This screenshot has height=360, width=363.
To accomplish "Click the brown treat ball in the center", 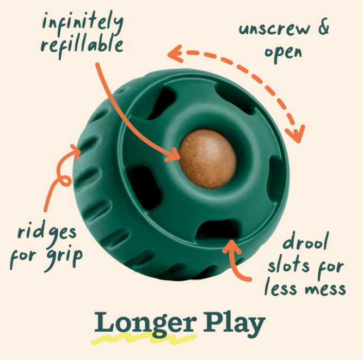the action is pyautogui.click(x=208, y=159).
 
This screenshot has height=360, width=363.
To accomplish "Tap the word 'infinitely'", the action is pyautogui.click(x=82, y=22).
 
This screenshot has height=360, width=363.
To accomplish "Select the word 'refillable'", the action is pyautogui.click(x=82, y=45).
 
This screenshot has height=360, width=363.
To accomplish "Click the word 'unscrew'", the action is pyautogui.click(x=274, y=29).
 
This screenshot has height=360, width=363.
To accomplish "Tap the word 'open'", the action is pyautogui.click(x=284, y=53).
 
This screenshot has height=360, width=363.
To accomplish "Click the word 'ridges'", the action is pyautogui.click(x=47, y=232).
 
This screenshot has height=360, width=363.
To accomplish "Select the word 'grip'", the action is pyautogui.click(x=65, y=257).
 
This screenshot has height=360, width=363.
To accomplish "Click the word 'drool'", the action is pyautogui.click(x=305, y=241).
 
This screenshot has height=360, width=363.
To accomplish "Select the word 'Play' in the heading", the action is pyautogui.click(x=234, y=324).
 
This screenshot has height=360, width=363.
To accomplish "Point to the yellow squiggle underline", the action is pyautogui.click(x=144, y=338).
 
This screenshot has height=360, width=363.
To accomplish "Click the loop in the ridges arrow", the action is pyautogui.click(x=65, y=180).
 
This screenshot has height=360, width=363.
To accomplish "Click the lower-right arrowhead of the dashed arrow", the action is pyautogui.click(x=296, y=134).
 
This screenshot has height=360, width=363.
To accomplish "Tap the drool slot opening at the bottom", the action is pyautogui.click(x=218, y=229).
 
